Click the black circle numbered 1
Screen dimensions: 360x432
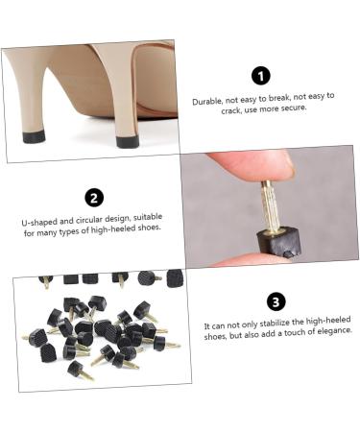[x=261, y=76]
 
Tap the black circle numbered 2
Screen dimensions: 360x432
[x=94, y=198]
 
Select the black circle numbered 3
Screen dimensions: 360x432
[x=276, y=301]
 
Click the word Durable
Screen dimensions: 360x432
[x=207, y=102]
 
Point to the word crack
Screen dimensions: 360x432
[x=231, y=110]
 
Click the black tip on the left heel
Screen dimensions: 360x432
[x=34, y=136]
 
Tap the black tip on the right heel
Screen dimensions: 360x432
[x=128, y=141]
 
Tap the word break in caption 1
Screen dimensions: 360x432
[x=279, y=98]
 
